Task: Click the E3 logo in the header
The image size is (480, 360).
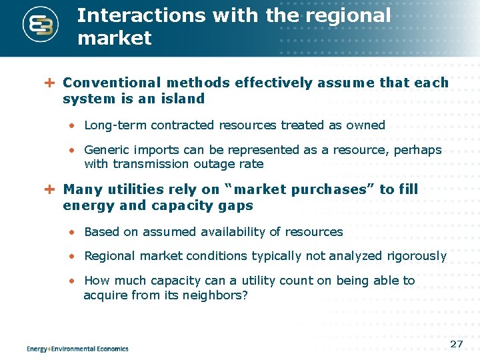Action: (x=41, y=25)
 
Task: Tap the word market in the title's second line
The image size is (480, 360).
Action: (x=115, y=38)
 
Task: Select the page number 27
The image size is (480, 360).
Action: (x=457, y=344)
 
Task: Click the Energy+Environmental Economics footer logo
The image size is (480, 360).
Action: (x=77, y=348)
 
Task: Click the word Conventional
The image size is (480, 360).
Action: (x=111, y=83)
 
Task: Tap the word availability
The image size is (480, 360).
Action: (x=235, y=232)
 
